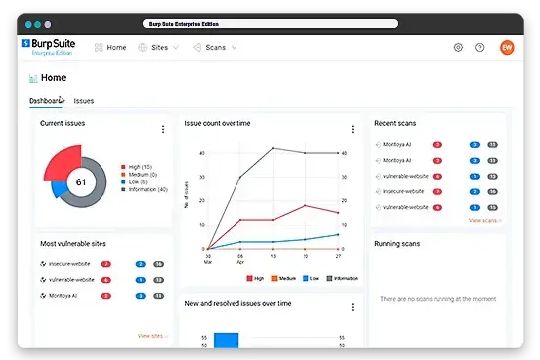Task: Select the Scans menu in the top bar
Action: [x=214, y=47]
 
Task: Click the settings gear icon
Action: [x=458, y=47]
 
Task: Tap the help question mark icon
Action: [x=480, y=47]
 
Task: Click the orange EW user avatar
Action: [x=506, y=47]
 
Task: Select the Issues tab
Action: [x=84, y=101]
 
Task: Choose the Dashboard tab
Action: [x=46, y=101]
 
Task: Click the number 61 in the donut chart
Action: [x=81, y=182]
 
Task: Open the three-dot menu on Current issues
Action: [x=163, y=129]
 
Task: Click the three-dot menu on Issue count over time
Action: [x=352, y=129]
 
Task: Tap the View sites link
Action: [x=152, y=336]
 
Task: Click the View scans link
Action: [x=484, y=220]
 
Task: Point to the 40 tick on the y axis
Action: [x=202, y=153]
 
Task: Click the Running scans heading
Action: [x=400, y=242]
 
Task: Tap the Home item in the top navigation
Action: [x=110, y=47]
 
